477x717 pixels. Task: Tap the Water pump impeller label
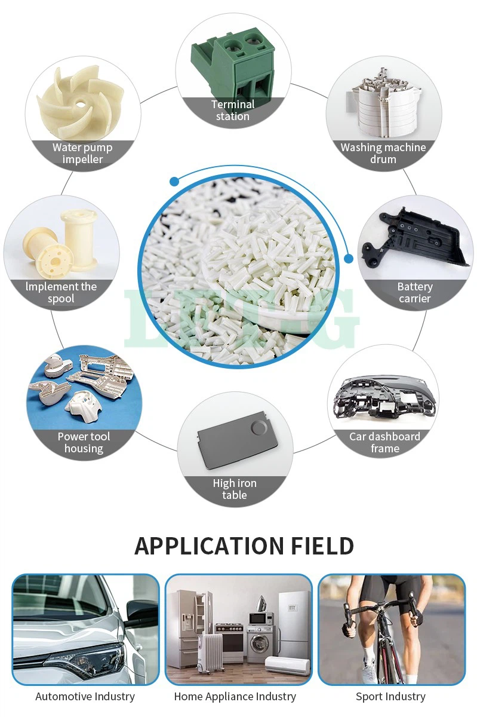pos(82,154)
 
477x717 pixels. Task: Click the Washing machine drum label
pos(383,154)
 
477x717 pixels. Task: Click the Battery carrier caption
pos(415,293)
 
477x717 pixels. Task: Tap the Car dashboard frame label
pos(384,443)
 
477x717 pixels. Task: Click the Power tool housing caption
pos(84,443)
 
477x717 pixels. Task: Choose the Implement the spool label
pos(61,293)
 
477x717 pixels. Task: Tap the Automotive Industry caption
pos(85,697)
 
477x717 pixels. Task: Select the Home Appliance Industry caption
pos(235,697)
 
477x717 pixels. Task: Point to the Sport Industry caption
pos(390,697)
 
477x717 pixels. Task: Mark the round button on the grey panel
pos(258,428)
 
